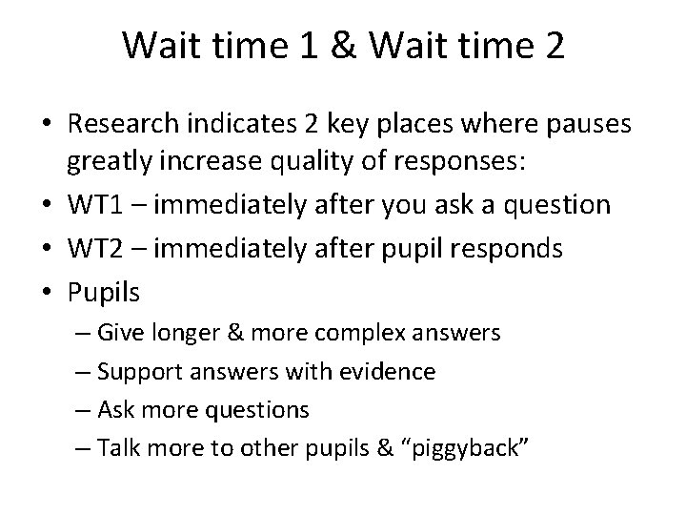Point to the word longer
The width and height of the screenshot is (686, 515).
click(179, 333)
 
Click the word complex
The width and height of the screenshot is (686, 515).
click(321, 333)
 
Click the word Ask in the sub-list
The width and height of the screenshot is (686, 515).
click(117, 409)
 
